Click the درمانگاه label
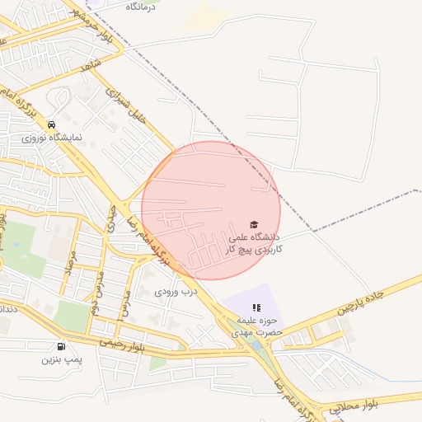click(141, 6)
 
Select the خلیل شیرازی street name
click(132, 105)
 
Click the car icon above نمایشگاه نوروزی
click(52, 124)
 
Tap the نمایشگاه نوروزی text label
click(52, 138)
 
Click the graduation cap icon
click(254, 224)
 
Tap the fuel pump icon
click(62, 347)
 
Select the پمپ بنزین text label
click(63, 360)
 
